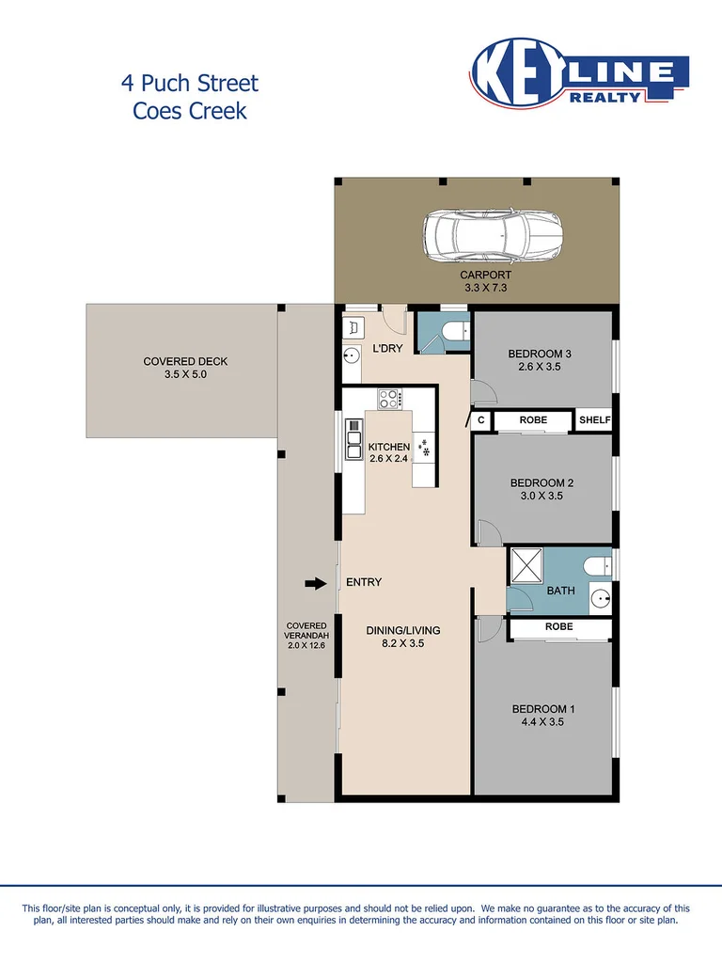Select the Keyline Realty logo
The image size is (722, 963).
(579, 75)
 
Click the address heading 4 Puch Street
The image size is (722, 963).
(189, 83)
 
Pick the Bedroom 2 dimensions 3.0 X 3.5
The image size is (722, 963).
(541, 497)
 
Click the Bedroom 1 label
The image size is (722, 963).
(541, 709)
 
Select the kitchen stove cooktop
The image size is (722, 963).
(389, 399)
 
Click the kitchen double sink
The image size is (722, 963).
(353, 437)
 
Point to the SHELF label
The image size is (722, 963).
(593, 420)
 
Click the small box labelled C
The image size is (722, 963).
(480, 420)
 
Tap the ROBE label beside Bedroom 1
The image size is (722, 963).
(558, 626)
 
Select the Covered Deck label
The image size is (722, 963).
(185, 361)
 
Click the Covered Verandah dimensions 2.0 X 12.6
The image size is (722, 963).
(307, 645)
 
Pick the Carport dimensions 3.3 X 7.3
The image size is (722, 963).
(485, 289)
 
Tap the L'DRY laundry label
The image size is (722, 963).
(387, 349)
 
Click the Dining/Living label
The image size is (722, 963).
(402, 630)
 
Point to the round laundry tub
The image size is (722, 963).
(352, 355)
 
